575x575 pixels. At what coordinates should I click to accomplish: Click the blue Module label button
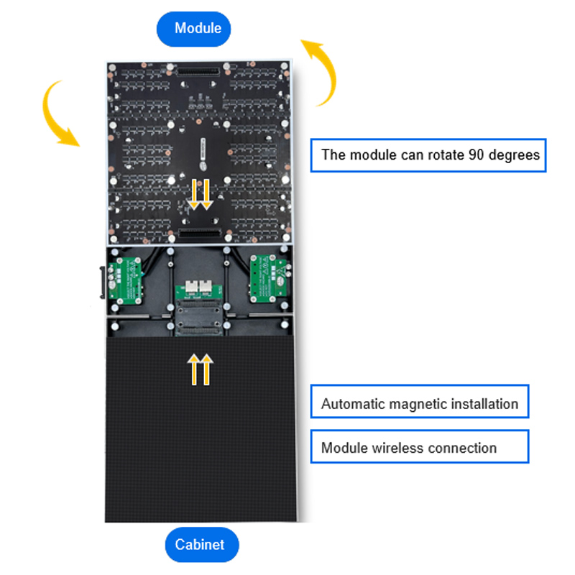pos(194,29)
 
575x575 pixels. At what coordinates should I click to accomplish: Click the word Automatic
pos(352,404)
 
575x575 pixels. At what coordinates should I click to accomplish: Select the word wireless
pos(396,448)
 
